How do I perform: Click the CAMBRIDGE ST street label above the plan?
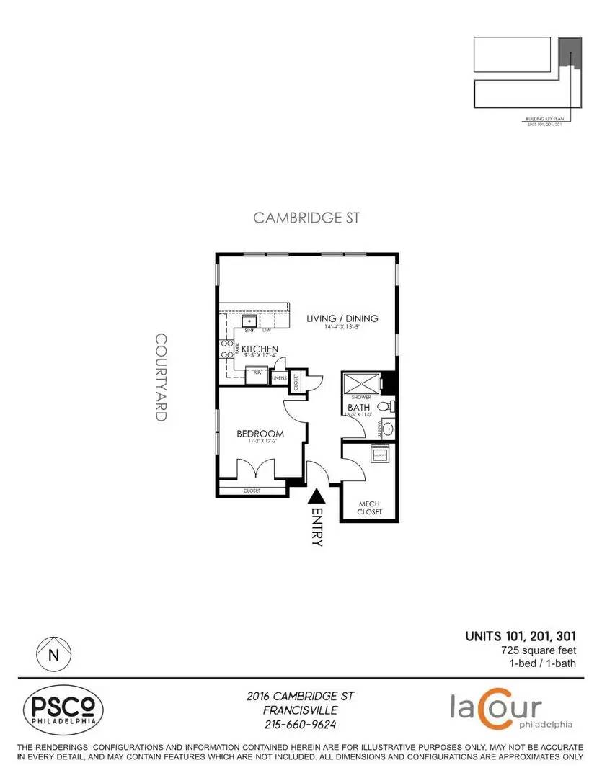tap(306, 218)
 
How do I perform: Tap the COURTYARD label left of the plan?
tap(161, 377)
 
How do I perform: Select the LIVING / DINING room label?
tap(342, 318)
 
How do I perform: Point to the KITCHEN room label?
tap(260, 349)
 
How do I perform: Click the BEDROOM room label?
tap(260, 434)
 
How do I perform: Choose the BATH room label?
tap(358, 408)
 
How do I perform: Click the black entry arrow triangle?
tap(316, 496)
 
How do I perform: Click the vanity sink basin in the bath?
tap(388, 429)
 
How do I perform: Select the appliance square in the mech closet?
tap(379, 452)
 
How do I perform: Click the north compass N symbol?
tap(53, 655)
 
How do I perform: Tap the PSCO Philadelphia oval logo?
tap(63, 709)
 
